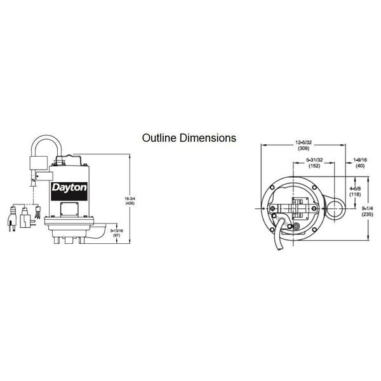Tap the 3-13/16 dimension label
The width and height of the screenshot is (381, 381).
tap(117, 230)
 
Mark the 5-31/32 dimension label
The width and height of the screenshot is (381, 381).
tap(314, 159)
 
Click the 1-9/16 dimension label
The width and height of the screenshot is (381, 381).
tap(359, 159)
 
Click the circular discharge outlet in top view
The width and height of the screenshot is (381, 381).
tap(333, 205)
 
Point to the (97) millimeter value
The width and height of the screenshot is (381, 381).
tap(117, 236)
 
